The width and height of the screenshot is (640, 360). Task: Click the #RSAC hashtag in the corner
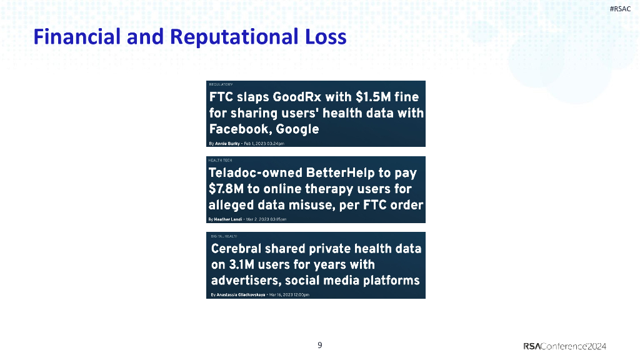[x=620, y=8]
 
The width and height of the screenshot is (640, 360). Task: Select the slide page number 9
[x=320, y=345]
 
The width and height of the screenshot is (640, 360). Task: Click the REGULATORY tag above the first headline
[x=221, y=84]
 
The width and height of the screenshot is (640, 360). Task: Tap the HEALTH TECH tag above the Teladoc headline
[x=220, y=160]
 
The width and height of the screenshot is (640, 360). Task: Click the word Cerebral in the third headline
[x=238, y=249]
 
